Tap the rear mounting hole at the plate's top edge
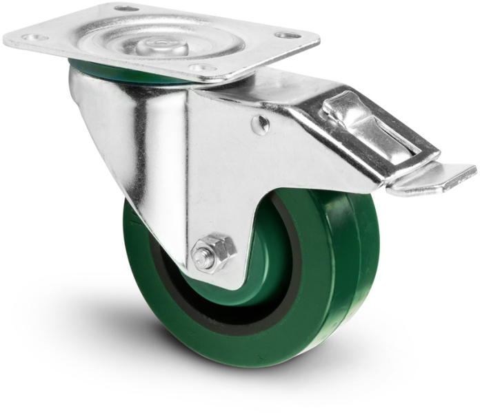point(126,8)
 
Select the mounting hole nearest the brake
point(288,34)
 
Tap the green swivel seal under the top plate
point(124,72)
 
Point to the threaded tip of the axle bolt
point(201,259)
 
